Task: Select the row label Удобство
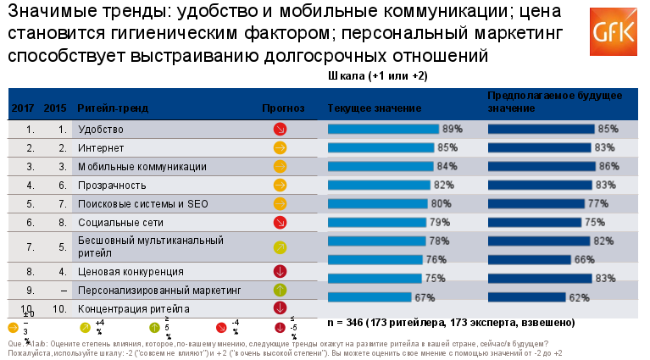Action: pyautogui.click(x=100, y=130)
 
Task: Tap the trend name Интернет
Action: pyautogui.click(x=98, y=147)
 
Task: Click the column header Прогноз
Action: pyautogui.click(x=282, y=108)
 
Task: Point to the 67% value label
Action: pyautogui.click(x=425, y=297)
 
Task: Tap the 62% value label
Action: pyautogui.click(x=579, y=297)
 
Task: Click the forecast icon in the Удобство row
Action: pyautogui.click(x=281, y=130)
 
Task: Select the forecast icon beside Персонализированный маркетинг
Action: pyautogui.click(x=281, y=291)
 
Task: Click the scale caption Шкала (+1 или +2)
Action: pyautogui.click(x=377, y=76)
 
